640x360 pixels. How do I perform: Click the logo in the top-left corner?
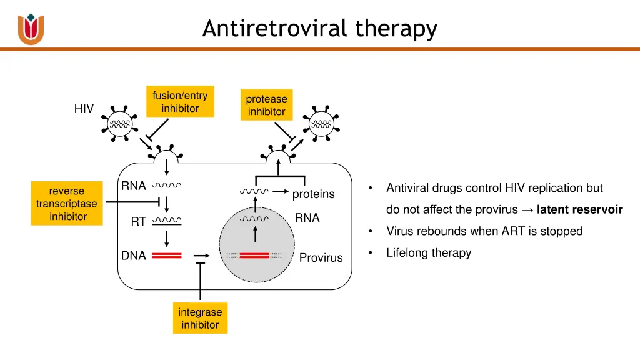point(31,29)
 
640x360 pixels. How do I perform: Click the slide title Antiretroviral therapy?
point(319,29)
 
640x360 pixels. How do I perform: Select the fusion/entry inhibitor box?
point(180,102)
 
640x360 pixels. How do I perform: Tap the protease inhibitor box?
point(266,105)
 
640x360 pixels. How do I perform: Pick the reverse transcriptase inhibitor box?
point(67,204)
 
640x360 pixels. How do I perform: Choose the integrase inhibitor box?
point(200,318)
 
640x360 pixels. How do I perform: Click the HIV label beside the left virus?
point(84,109)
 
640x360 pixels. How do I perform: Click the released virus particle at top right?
point(322,123)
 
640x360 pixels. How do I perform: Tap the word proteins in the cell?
point(313,194)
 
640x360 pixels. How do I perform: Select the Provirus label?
point(321,257)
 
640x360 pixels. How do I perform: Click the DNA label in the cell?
point(134,256)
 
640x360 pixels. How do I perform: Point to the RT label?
point(138,221)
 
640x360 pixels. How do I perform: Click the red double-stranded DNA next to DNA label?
point(166,256)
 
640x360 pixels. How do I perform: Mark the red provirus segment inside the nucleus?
point(254,256)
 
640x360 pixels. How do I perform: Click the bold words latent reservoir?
point(579,209)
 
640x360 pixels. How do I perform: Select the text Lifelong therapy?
point(429,253)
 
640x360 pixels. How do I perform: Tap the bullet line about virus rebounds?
point(484,231)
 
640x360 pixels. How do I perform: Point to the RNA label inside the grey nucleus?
point(307,218)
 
